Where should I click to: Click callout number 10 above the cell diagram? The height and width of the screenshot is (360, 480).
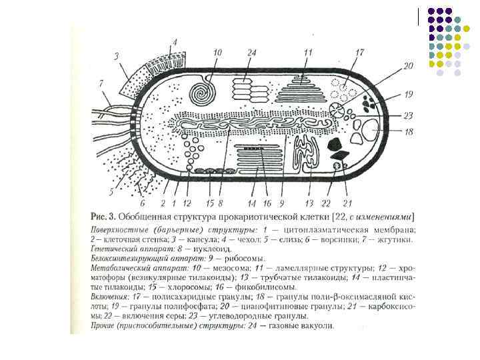click(x=217, y=53)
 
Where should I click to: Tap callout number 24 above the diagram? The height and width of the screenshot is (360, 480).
click(x=251, y=53)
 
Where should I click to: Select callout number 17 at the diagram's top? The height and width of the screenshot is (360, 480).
click(x=359, y=53)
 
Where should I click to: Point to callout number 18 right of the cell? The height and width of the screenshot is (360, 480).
click(x=409, y=132)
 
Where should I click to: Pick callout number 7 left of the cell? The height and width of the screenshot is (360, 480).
click(x=101, y=83)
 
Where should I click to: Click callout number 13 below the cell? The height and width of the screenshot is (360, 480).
click(x=309, y=203)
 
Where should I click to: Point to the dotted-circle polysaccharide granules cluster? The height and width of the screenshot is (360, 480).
click(x=347, y=89)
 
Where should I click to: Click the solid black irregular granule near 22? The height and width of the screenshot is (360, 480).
click(x=335, y=143)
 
